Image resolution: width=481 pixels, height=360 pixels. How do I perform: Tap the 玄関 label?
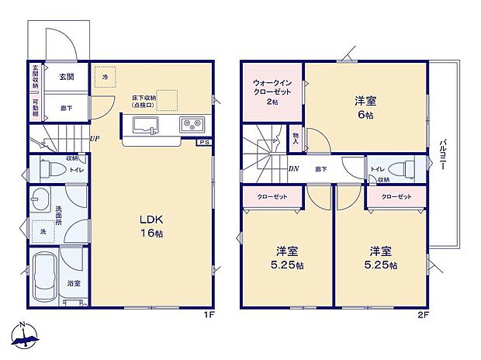tap(64, 77)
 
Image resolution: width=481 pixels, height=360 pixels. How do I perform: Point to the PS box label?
tap(203, 143)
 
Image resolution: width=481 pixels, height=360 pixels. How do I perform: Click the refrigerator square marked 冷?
tap(106, 77)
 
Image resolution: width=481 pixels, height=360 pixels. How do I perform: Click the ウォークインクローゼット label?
tap(272, 92)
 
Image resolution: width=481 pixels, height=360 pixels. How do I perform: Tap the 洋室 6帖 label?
tap(365, 106)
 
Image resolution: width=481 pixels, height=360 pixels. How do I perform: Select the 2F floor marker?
tap(423, 315)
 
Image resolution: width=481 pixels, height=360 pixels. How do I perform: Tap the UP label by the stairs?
tap(93, 139)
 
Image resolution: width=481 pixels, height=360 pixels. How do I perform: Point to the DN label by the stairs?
tap(294, 168)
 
